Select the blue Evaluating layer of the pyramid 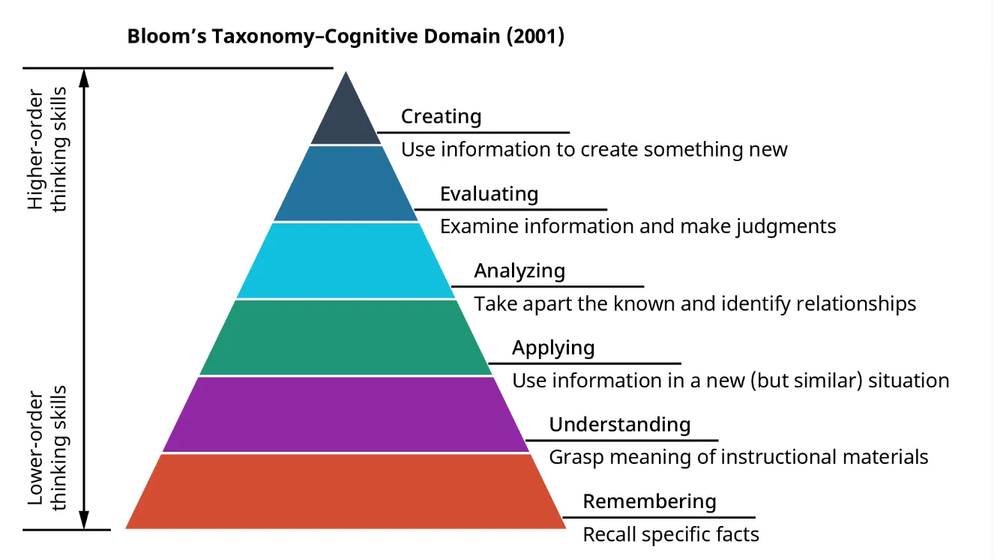point(345,184)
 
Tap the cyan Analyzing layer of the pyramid point(345,261)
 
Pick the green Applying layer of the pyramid point(345,337)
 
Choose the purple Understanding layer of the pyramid point(345,414)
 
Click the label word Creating point(441,116)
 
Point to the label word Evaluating point(489,193)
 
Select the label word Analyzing point(519,271)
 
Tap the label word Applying point(553,348)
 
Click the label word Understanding point(620,424)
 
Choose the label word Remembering point(649,501)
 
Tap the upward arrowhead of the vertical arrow point(84,76)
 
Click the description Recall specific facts point(671,534)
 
